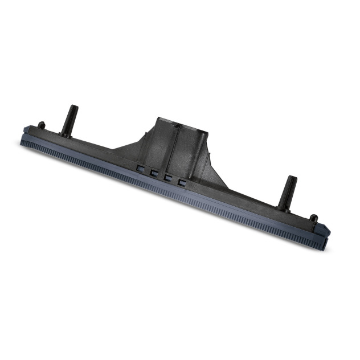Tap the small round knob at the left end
(x=42, y=125)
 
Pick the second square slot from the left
(x=154, y=172)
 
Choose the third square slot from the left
(x=168, y=177)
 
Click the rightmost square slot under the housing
(x=182, y=182)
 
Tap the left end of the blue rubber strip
(x=24, y=142)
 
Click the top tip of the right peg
(x=292, y=178)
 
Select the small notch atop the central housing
(x=178, y=124)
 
